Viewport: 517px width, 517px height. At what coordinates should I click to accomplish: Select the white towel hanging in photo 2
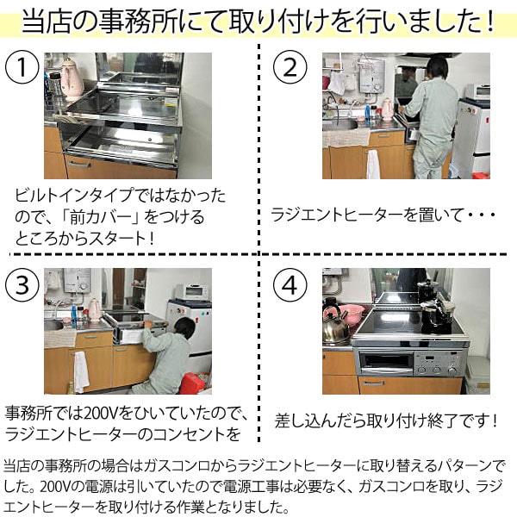(373, 163)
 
